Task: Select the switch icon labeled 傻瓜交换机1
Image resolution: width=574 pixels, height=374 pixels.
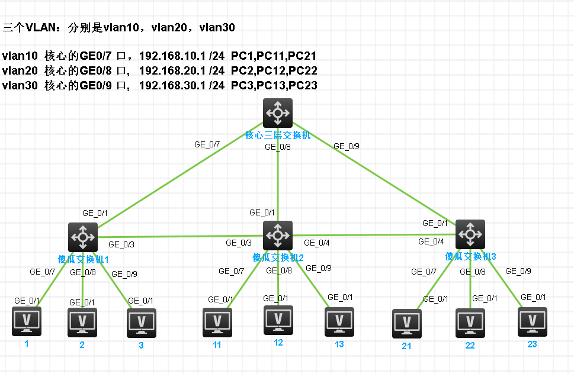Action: [82, 237]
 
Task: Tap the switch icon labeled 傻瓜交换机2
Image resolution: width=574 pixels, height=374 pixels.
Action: [277, 235]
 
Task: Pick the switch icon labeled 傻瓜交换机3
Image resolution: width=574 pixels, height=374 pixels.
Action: [470, 234]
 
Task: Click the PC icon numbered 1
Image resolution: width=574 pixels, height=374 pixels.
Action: [27, 321]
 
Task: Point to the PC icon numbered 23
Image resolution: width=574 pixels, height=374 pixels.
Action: [533, 322]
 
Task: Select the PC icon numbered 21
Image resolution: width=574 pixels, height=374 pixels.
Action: [407, 323]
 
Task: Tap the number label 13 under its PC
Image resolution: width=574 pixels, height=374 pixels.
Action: [339, 344]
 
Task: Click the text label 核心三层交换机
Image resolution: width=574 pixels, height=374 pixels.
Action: [278, 136]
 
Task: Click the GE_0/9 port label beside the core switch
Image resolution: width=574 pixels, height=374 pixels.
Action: [347, 146]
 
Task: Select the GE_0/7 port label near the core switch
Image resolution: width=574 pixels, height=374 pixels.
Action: [207, 144]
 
